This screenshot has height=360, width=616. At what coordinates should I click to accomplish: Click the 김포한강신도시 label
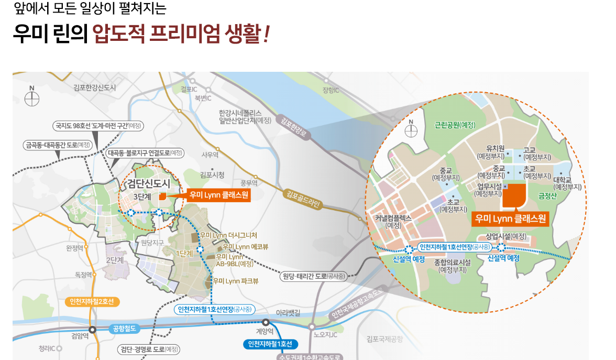coord(95,88)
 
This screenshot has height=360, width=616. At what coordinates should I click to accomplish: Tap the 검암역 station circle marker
coord(92,330)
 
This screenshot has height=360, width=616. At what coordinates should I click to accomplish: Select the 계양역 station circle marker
coord(266,323)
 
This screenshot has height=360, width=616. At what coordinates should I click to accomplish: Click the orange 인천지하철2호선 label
coord(92,302)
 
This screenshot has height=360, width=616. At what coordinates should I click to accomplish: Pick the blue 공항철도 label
coord(124,329)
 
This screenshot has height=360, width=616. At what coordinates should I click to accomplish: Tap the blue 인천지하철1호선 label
coord(270,344)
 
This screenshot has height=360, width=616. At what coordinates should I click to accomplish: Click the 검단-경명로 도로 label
coord(148,349)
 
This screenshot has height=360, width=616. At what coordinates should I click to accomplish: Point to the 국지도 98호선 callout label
coord(98,126)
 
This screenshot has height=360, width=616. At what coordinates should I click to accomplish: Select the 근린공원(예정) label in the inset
coord(455,125)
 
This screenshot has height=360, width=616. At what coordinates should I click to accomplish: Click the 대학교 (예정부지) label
coord(567,183)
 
